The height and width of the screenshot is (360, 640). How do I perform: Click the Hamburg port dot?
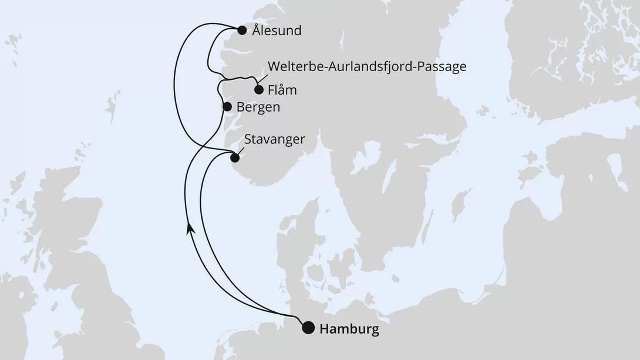308,328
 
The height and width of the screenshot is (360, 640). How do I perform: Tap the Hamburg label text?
349,329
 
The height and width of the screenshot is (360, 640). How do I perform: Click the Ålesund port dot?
241,31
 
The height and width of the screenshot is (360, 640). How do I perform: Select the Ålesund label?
277,31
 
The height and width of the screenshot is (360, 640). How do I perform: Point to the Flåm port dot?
258,90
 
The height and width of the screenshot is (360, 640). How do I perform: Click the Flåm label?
282,90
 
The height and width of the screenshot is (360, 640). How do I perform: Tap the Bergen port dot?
227,107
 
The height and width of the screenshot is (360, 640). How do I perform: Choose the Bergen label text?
258,107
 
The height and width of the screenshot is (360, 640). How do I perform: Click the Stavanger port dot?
235,157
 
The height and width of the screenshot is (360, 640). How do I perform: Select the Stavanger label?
275,139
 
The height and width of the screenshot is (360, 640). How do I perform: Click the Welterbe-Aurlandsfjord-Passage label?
366,66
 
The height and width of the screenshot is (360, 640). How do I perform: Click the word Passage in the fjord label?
443,66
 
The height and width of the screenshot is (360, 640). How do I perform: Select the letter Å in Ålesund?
256,30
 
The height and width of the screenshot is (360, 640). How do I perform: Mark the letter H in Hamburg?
324,329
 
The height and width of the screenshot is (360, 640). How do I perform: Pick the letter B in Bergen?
241,107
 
